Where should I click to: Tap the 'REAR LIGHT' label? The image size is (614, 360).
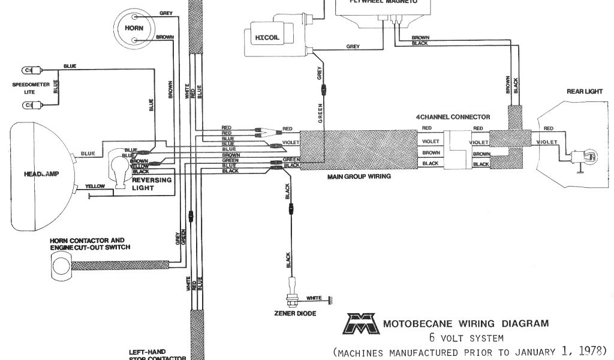(584, 92)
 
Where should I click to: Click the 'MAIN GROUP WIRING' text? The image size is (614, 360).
(359, 177)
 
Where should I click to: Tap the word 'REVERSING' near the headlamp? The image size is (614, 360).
(151, 180)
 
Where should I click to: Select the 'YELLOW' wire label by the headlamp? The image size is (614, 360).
(95, 187)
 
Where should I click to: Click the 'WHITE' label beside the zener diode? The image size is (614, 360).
(314, 298)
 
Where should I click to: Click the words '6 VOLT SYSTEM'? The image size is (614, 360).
(462, 338)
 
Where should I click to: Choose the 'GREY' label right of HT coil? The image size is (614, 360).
(353, 46)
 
